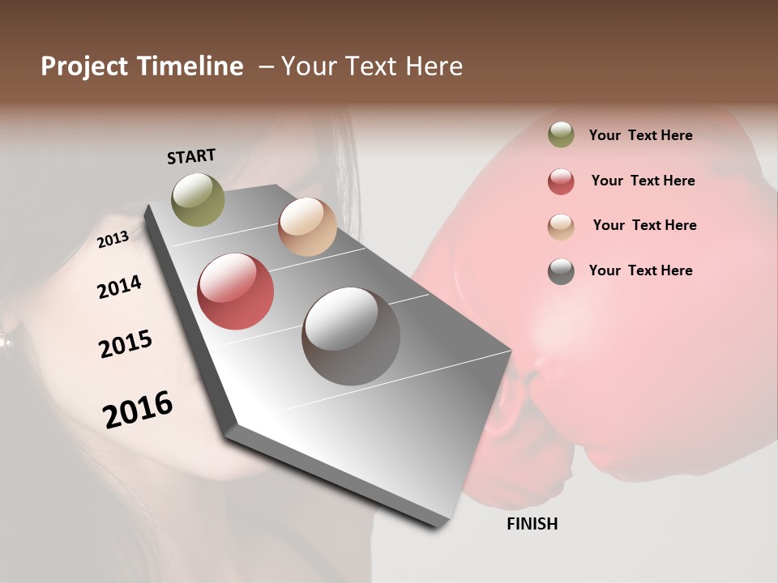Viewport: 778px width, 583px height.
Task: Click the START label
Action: pos(191,156)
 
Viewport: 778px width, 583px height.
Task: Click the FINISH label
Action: pos(532,524)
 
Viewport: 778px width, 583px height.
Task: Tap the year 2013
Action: pos(113,239)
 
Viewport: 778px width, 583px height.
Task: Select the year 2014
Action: pos(119,287)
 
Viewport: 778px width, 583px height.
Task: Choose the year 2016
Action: pos(138,410)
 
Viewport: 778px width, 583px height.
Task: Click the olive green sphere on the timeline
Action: pos(198,199)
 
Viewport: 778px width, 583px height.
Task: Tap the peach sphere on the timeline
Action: pos(307,227)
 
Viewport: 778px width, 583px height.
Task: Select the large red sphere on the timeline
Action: pos(235,291)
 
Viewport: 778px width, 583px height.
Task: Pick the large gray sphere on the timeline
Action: pos(351,336)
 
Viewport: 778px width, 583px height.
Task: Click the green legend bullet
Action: pos(561,134)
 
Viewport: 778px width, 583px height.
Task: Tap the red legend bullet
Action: pos(561,181)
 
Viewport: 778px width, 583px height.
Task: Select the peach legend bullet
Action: pos(561,227)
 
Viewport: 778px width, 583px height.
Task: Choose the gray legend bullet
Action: pos(561,271)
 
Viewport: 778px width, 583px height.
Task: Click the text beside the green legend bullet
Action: pos(640,135)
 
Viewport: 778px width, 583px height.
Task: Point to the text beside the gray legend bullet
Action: pos(640,270)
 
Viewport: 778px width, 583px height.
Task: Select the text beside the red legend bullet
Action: pos(643,181)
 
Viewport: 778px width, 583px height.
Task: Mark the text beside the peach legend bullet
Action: pos(644,225)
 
